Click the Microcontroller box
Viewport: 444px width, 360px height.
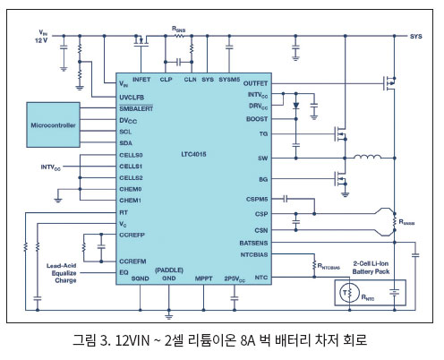pyautogui.click(x=53, y=124)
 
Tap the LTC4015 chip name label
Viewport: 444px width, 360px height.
pyautogui.click(x=193, y=154)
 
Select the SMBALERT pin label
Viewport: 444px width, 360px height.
pyautogui.click(x=136, y=108)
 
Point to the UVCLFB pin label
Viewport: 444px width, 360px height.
pyautogui.click(x=132, y=98)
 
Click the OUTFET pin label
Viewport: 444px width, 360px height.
pyautogui.click(x=255, y=83)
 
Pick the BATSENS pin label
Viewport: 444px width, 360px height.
pyautogui.click(x=253, y=243)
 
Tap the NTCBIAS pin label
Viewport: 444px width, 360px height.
pyautogui.click(x=254, y=254)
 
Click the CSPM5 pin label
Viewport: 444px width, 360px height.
pyautogui.click(x=257, y=199)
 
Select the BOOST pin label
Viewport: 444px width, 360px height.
pyautogui.click(x=257, y=119)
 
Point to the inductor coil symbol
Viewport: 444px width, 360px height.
pyautogui.click(x=367, y=157)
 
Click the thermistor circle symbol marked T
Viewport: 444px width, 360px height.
pyautogui.click(x=349, y=293)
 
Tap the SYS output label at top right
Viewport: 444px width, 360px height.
pyautogui.click(x=415, y=37)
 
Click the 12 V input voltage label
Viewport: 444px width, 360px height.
pyautogui.click(x=41, y=40)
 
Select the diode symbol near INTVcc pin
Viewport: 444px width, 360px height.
pyautogui.click(x=296, y=106)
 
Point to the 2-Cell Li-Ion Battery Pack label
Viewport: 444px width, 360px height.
pyautogui.click(x=371, y=268)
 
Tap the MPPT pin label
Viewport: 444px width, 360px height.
pyautogui.click(x=203, y=279)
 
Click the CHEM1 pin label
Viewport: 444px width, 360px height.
pyautogui.click(x=130, y=201)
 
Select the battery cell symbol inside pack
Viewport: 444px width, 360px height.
pyautogui.click(x=394, y=292)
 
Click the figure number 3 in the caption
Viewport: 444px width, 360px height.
pyautogui.click(x=103, y=340)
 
